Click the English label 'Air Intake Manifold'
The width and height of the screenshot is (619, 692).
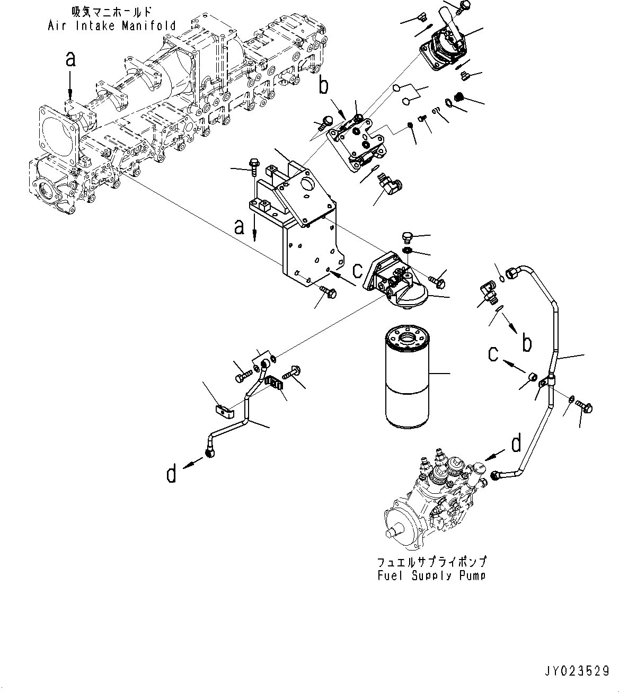click(x=112, y=25)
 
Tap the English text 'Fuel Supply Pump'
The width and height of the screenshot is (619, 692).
click(x=431, y=575)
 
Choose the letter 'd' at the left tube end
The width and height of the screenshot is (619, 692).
click(x=171, y=473)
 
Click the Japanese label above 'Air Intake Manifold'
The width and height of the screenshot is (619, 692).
click(x=112, y=11)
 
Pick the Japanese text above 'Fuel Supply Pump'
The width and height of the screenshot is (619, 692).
click(x=431, y=561)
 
